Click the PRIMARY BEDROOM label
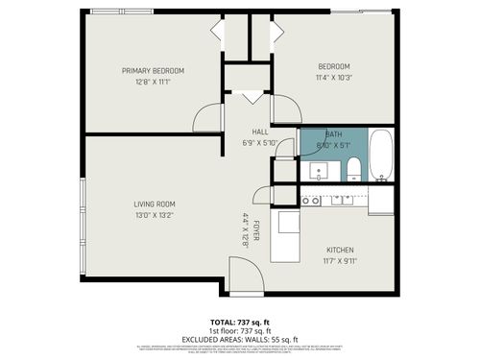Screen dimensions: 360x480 (153, 71)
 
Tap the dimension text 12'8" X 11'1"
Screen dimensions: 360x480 (153, 82)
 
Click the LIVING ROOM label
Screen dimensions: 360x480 (154, 204)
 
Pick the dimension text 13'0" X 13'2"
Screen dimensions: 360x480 (154, 215)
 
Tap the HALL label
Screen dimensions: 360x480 (260, 132)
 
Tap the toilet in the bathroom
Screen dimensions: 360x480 (353, 171)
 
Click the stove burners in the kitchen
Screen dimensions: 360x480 (310, 201)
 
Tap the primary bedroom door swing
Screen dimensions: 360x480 (208, 118)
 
